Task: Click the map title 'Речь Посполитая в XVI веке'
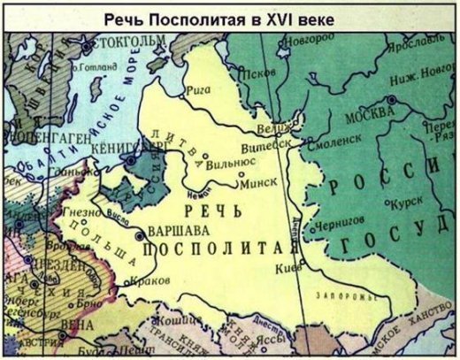231,17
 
